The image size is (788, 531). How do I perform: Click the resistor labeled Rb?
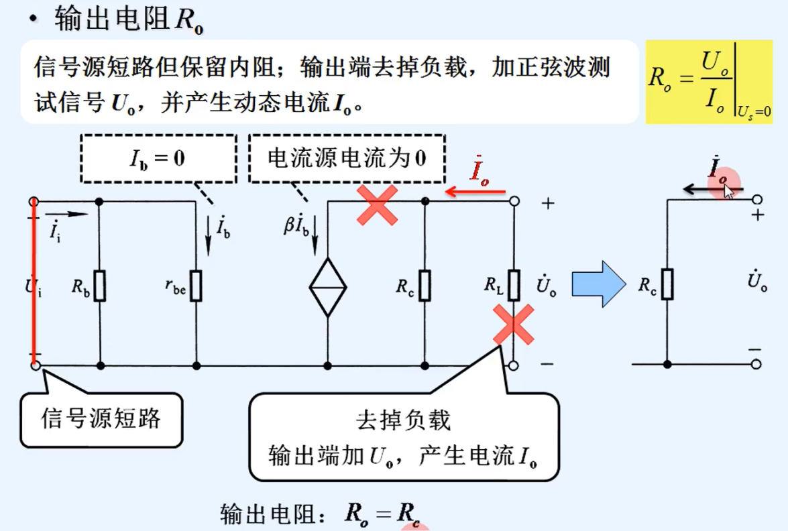99,286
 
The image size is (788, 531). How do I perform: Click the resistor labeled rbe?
196,286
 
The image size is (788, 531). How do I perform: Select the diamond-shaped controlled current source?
328,287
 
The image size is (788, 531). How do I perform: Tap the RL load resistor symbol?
514,286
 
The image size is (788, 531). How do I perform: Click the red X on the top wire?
378,204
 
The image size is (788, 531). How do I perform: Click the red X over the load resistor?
514,324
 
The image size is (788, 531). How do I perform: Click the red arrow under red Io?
475,192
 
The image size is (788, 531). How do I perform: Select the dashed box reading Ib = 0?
158,158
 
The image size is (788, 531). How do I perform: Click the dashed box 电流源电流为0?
347,158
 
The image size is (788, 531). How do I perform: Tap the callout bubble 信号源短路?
101,419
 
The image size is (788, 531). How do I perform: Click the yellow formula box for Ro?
709,81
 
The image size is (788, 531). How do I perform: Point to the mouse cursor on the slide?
728,192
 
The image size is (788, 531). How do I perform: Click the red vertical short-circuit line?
33,282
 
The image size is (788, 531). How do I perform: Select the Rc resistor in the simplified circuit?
667,284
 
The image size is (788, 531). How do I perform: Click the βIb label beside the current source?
298,225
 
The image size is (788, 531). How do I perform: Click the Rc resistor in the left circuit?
425,286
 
